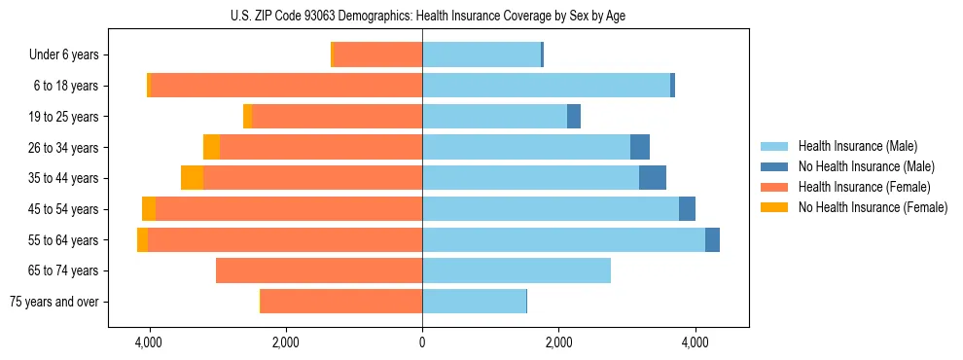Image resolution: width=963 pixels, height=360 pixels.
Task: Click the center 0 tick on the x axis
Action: click(422, 343)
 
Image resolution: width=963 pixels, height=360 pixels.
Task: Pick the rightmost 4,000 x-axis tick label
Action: click(695, 343)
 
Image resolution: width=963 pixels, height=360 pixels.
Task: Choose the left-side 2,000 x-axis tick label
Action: click(285, 343)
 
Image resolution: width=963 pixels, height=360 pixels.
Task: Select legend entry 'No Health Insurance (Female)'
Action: click(873, 207)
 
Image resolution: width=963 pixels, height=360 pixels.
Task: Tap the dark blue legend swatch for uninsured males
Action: click(775, 166)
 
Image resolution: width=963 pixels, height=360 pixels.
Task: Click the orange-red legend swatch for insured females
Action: click(775, 187)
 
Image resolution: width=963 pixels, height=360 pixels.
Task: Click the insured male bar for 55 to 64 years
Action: click(563, 239)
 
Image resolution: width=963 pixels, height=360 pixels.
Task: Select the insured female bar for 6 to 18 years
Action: click(286, 86)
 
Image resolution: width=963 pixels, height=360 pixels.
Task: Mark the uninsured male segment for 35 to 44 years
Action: click(653, 178)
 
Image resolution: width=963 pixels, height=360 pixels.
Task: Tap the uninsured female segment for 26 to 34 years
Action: click(211, 147)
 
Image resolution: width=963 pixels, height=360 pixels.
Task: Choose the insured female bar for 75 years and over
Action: click(341, 302)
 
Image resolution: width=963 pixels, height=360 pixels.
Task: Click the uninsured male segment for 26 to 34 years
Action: click(640, 147)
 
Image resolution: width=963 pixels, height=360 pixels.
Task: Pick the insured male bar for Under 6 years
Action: click(481, 55)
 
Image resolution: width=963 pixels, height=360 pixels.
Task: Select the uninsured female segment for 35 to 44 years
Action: click(192, 178)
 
